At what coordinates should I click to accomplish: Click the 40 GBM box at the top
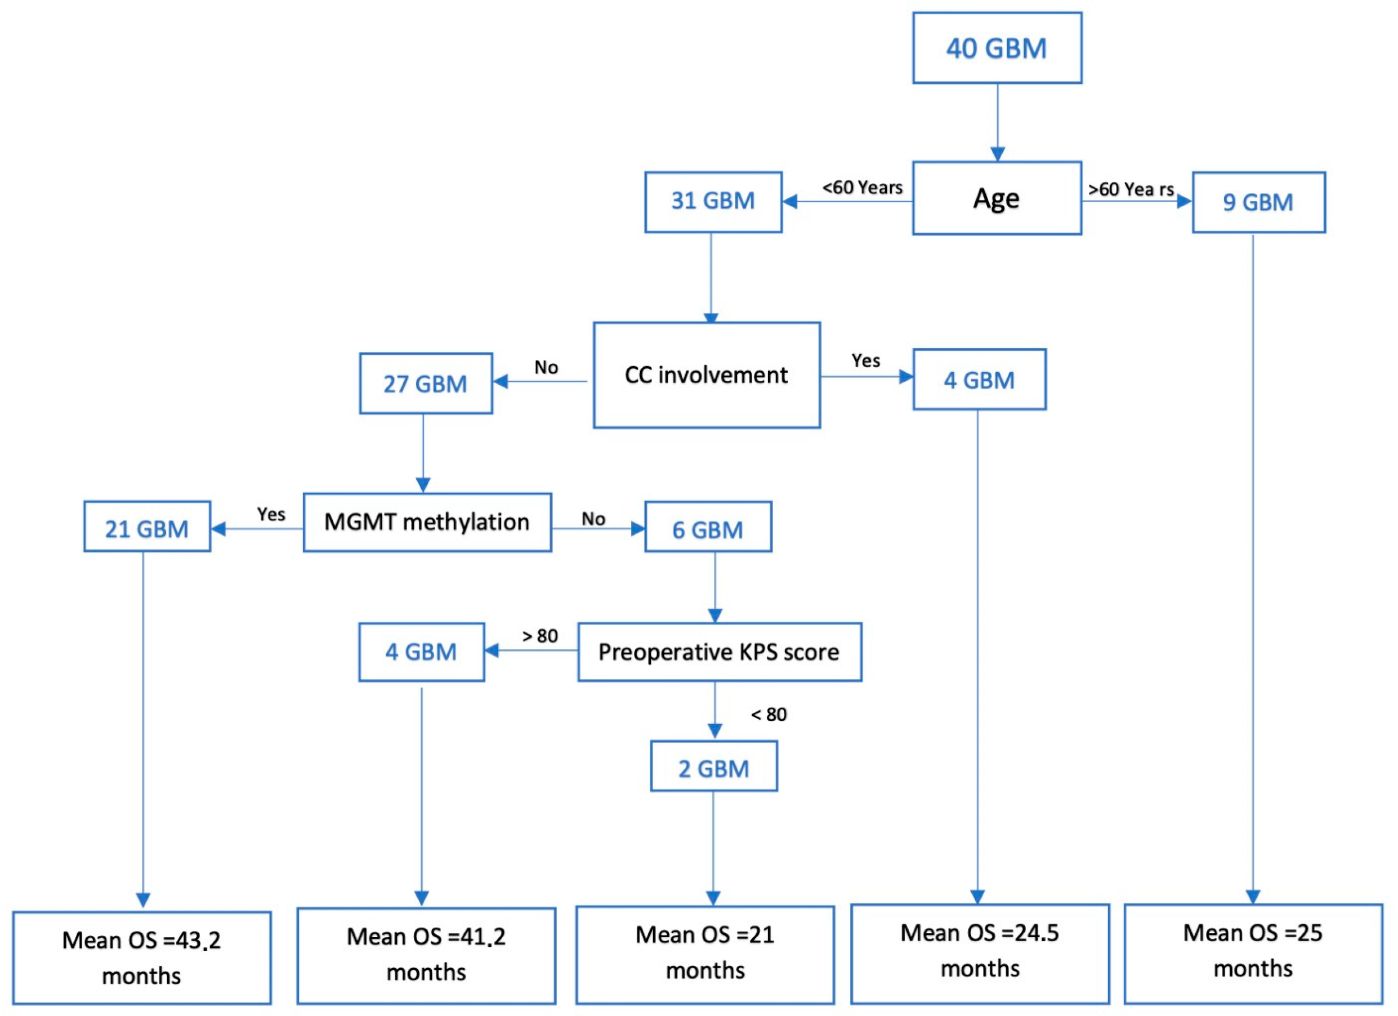996,48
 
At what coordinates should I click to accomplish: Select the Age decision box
996,198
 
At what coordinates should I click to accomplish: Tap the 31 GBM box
713,202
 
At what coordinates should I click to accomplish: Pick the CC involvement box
707,375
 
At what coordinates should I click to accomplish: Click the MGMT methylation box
427,522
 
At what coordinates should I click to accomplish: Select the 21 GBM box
147,529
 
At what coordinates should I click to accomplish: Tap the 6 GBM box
708,529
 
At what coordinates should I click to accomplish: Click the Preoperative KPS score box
719,652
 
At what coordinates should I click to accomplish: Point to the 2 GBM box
714,769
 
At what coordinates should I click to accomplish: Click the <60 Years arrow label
863,188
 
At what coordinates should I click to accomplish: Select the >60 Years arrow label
1131,189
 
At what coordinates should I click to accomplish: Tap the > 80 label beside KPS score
540,636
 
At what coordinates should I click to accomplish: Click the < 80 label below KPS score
769,715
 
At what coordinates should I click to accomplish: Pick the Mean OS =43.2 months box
142,957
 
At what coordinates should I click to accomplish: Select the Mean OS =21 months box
705,952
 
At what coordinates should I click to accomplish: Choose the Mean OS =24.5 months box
980,951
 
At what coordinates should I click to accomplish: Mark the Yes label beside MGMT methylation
271,514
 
